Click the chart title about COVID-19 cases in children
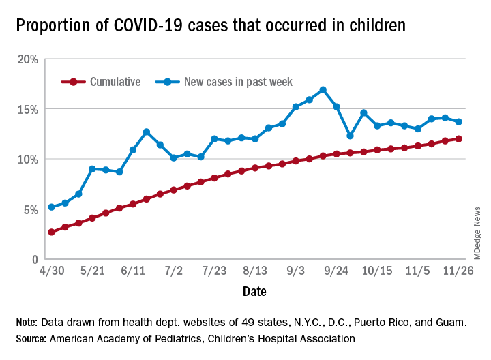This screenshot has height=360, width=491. click(x=211, y=26)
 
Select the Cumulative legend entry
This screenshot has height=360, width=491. click(x=115, y=82)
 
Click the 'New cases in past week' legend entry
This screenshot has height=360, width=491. click(x=238, y=82)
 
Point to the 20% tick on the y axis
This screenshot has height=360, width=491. click(x=27, y=59)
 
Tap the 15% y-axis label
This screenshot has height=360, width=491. click(x=27, y=109)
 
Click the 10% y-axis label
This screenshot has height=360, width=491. click(x=27, y=159)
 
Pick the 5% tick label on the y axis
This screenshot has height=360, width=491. click(x=30, y=209)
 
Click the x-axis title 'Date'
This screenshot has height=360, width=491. click(x=254, y=291)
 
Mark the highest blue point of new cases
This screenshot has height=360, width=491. click(x=323, y=90)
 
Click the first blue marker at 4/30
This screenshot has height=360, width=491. click(x=51, y=207)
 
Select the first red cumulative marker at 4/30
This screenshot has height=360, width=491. click(x=51, y=232)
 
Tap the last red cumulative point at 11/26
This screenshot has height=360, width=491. click(x=459, y=139)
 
